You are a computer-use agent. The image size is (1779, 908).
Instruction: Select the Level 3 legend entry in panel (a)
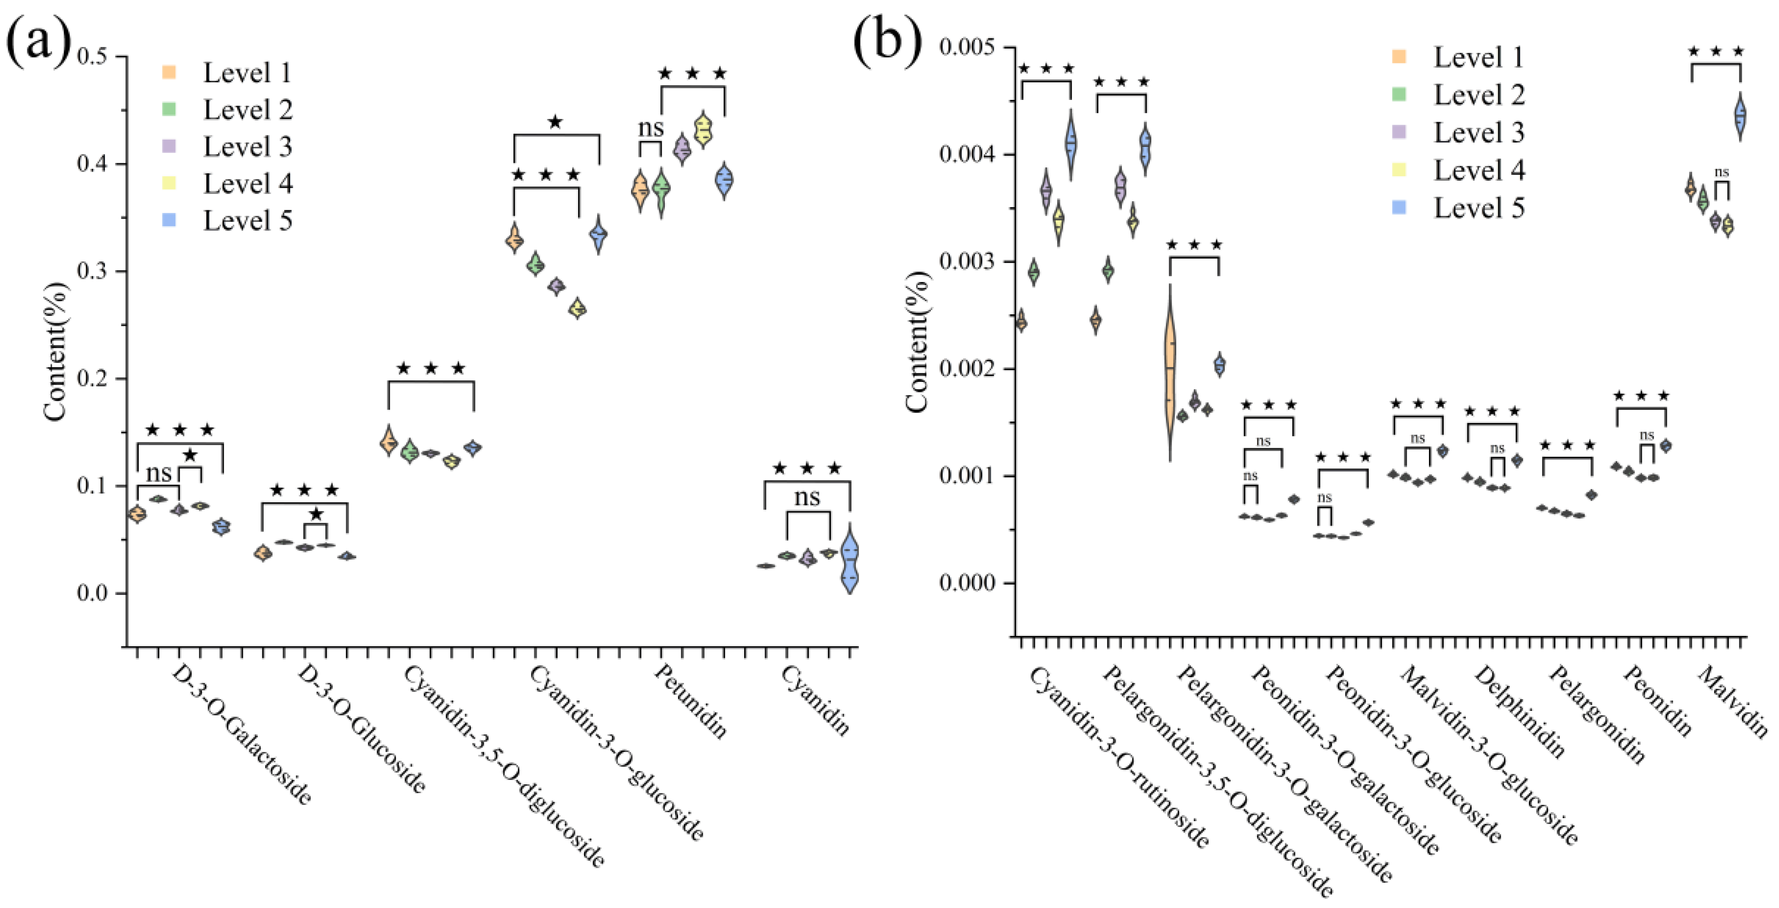click(246, 146)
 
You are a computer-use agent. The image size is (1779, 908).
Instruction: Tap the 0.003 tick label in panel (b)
click(970, 262)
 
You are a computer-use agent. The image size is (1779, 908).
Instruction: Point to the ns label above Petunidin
click(650, 128)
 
